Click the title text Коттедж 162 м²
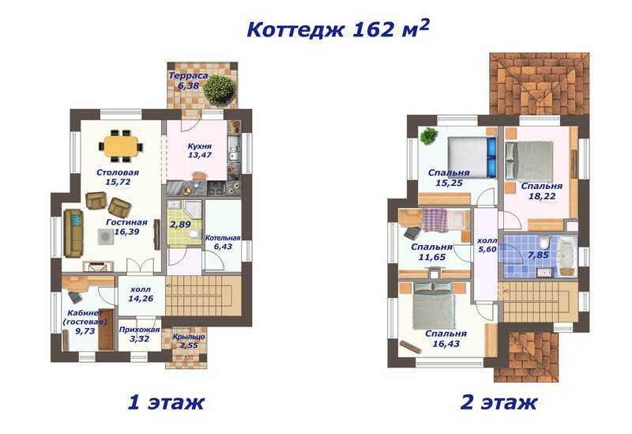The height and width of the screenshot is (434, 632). coord(338,28)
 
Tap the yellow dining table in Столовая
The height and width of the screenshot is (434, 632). coord(121,146)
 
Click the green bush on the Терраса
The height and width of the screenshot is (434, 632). coord(220,90)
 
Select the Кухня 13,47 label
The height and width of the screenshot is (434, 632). coord(200,150)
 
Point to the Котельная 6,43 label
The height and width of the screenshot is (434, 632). coord(223,242)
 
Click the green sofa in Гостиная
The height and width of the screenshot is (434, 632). coord(73,232)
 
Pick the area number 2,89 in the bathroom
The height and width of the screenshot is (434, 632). coord(180,225)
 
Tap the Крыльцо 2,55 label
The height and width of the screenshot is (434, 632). coord(189,341)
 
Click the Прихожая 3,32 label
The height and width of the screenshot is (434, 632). coord(140,334)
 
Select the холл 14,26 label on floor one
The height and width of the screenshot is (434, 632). coord(141,294)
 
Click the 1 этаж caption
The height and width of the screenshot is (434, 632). coord(166,402)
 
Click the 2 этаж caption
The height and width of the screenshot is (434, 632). coord(498,402)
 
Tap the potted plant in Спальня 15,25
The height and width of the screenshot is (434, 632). coord(429,136)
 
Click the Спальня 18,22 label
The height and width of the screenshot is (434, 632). coord(542,191)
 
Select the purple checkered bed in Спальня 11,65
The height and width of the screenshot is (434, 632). coord(435,221)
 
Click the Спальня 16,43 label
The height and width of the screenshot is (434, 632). coord(446,338)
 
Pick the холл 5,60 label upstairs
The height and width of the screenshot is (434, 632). coord(487,245)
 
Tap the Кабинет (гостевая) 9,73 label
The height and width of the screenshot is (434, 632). coord(85,322)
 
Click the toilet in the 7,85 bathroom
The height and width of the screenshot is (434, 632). coord(544,243)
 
